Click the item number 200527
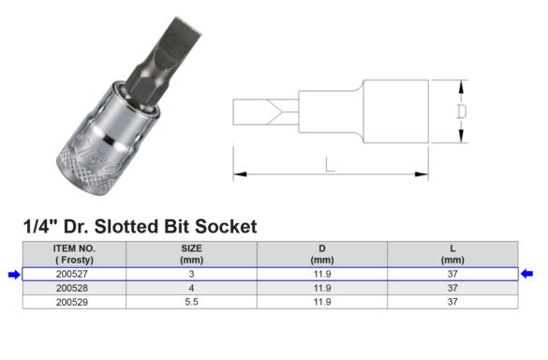[x=75, y=275]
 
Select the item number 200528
[x=75, y=289]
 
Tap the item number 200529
[x=75, y=303]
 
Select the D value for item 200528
[x=321, y=289]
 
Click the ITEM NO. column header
[x=75, y=254]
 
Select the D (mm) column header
[x=321, y=254]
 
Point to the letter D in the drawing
[x=460, y=111]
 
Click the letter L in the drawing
[x=330, y=165]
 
